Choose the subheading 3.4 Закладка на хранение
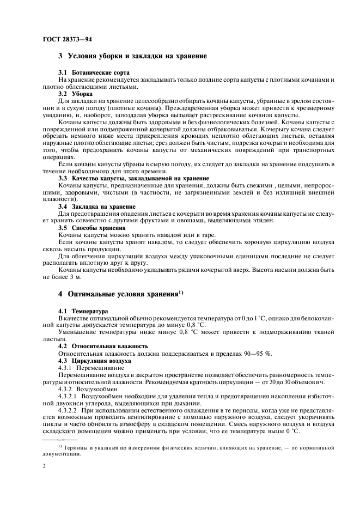(x=96, y=207)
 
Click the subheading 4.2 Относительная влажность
(x=102, y=345)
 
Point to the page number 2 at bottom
(x=44, y=467)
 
